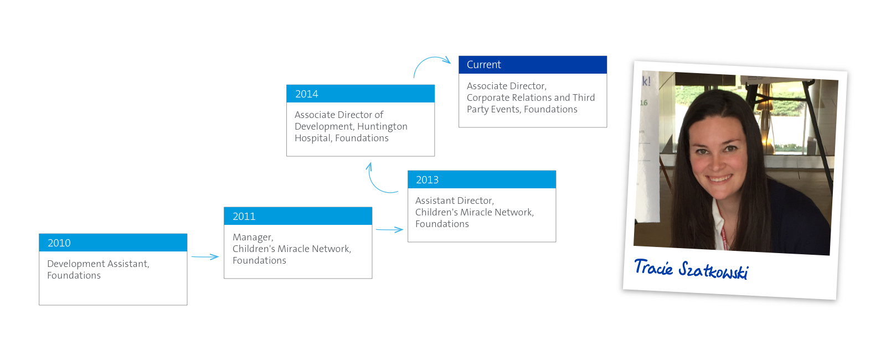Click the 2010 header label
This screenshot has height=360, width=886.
click(x=59, y=243)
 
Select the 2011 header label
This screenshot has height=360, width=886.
click(x=244, y=217)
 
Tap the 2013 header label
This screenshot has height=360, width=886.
click(x=427, y=180)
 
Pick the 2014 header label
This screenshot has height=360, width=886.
click(x=307, y=94)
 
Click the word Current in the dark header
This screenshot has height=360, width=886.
click(x=484, y=64)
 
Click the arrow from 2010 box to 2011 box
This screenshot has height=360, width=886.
click(x=205, y=257)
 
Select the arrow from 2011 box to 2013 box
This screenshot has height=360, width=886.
click(x=390, y=229)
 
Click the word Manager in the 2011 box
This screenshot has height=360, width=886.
click(x=253, y=238)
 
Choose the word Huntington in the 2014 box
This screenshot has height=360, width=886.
click(x=382, y=127)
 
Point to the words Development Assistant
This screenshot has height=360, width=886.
click(x=98, y=264)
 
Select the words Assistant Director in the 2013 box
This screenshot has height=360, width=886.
click(x=455, y=200)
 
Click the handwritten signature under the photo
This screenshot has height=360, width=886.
click(x=692, y=269)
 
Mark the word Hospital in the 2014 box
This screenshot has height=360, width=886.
click(x=312, y=138)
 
